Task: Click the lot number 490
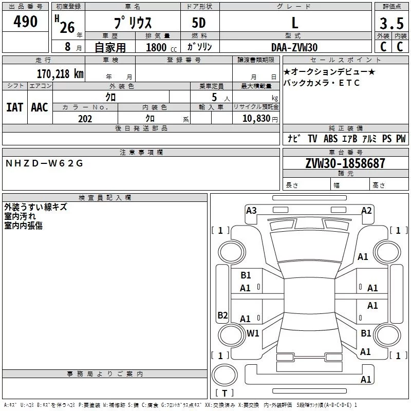coord(25,21)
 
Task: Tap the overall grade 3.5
coord(391,23)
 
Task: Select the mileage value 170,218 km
coord(60,74)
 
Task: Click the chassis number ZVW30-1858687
coord(345,163)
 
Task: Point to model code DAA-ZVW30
coord(294,47)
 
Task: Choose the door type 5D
coord(199,23)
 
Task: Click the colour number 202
coord(85,119)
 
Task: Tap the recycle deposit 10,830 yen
coord(260,119)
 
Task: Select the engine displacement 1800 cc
coord(161,47)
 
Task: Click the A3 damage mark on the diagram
coord(251,211)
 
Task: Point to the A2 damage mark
coord(366,211)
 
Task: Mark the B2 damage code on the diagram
coord(222,315)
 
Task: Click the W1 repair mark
coord(253,333)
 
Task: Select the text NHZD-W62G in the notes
coord(44,163)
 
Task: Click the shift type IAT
coord(15,107)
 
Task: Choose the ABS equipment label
coord(330,138)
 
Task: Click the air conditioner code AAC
coord(40,107)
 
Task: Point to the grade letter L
coord(295,23)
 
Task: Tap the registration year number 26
coord(67,27)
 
